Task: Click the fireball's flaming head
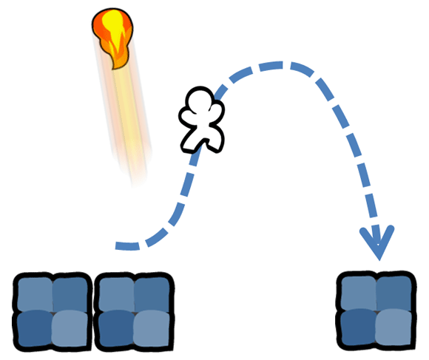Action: point(112,37)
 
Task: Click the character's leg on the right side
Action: point(215,143)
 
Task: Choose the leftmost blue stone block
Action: point(53,310)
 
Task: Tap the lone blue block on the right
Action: point(376,309)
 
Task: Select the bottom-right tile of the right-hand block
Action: point(393,327)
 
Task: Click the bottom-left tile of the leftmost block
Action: point(35,328)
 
